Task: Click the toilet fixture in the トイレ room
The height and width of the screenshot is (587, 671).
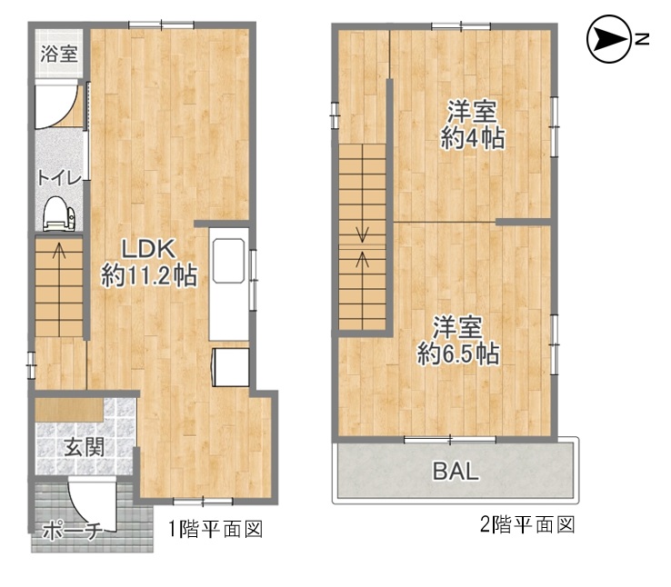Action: coord(58,214)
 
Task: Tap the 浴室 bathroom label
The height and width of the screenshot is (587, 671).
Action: coord(59,54)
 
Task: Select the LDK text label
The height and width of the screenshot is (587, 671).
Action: coord(148,249)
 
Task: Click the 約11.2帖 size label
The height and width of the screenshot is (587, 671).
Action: coord(149,275)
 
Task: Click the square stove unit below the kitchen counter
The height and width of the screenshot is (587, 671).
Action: coord(231,367)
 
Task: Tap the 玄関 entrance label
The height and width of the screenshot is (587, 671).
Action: coord(85,447)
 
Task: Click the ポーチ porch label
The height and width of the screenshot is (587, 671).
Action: coord(72,531)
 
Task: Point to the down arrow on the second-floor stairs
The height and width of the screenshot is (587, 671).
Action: coord(363,234)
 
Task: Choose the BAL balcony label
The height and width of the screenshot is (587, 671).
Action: coord(456,471)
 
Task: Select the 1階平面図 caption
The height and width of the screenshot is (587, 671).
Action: coord(215,529)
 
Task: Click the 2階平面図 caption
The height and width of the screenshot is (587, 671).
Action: coord(526,524)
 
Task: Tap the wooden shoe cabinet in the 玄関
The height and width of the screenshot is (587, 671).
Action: coord(69,410)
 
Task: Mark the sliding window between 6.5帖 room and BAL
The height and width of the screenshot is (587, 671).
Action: coord(450,439)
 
